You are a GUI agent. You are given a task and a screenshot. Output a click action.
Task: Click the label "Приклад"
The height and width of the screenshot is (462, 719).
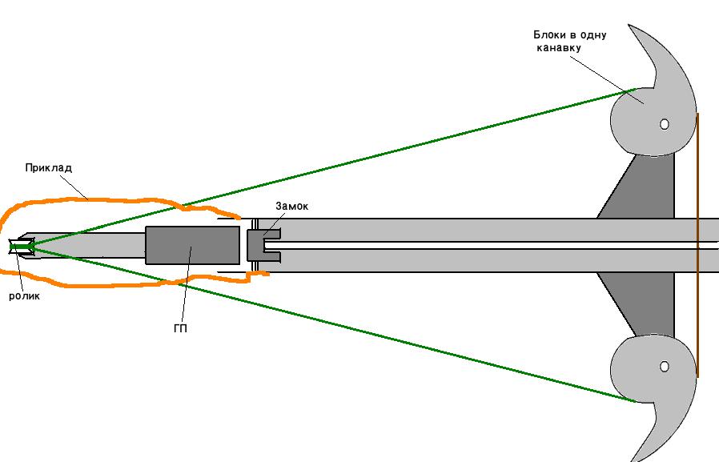(49, 168)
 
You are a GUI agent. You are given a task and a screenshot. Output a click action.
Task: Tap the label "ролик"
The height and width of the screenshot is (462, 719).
(24, 296)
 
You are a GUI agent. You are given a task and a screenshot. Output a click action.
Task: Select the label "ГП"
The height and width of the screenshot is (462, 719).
(181, 328)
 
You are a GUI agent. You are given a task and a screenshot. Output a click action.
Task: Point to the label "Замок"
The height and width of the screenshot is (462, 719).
(292, 207)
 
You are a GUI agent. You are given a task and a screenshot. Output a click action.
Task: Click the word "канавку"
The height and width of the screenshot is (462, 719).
(559, 48)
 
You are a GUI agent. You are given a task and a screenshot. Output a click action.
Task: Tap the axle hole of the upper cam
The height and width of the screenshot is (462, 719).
(664, 124)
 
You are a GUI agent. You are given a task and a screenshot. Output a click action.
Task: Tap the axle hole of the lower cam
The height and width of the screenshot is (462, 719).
(664, 366)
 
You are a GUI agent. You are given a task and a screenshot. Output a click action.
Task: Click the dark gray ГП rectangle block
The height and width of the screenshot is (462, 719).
(193, 245)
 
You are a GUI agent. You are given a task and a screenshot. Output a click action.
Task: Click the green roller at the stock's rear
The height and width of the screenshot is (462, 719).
(21, 247)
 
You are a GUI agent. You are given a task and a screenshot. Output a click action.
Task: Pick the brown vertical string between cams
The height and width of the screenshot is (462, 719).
(697, 245)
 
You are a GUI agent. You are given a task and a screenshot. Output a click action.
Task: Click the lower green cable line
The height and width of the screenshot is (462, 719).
(332, 324)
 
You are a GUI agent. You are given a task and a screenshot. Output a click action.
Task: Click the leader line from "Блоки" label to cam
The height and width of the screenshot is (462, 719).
(607, 79)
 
